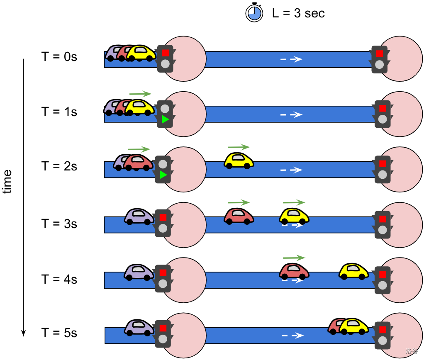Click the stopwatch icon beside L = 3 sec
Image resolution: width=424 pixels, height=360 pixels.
255,12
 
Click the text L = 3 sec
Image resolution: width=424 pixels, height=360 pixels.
298,13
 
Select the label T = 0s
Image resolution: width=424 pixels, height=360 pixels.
59,56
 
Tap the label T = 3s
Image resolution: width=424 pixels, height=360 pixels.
59,224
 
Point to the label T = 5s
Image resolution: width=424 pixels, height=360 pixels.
59,333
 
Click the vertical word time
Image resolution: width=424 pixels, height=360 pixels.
7,182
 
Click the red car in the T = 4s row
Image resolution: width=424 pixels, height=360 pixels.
294,271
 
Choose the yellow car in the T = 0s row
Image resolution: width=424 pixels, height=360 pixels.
141,53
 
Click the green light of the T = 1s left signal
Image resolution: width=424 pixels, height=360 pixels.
165,120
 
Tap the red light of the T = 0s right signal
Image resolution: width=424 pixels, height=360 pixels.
379,54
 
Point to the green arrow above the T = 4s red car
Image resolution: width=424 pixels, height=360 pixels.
294,258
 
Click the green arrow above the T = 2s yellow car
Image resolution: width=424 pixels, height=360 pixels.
239,147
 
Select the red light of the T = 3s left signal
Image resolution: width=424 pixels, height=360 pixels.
163,217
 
